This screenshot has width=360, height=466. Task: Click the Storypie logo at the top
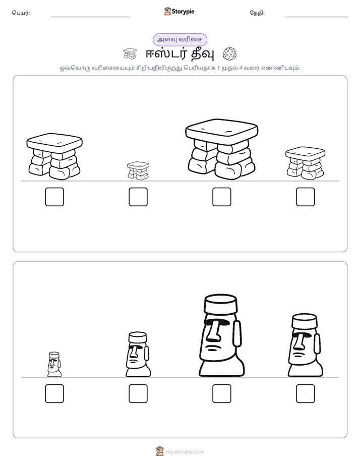pyautogui.click(x=179, y=12)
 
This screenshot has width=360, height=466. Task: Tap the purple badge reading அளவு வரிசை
pyautogui.click(x=180, y=39)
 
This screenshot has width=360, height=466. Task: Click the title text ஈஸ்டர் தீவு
pyautogui.click(x=179, y=54)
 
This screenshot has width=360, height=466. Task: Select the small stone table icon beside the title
pyautogui.click(x=130, y=54)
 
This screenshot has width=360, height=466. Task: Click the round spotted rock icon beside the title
pyautogui.click(x=230, y=54)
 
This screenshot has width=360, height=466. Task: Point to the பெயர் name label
pyautogui.click(x=21, y=13)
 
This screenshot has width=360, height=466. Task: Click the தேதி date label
pyautogui.click(x=257, y=13)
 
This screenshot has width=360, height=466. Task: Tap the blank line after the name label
pyautogui.click(x=90, y=17)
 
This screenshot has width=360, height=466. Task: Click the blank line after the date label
pyautogui.click(x=317, y=17)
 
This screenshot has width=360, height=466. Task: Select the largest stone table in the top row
pyautogui.click(x=221, y=149)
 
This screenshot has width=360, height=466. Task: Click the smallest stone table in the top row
pyautogui.click(x=138, y=170)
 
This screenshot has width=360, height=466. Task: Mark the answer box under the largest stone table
pyautogui.click(x=221, y=197)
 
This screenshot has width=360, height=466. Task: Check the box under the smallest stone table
pyautogui.click(x=138, y=197)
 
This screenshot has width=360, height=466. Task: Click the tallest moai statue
pyautogui.click(x=221, y=335)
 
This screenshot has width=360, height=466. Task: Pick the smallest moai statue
pyautogui.click(x=54, y=364)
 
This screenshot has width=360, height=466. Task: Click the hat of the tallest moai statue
pyautogui.click(x=221, y=304)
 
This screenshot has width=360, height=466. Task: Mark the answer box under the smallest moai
pyautogui.click(x=54, y=394)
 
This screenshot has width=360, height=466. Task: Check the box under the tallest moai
pyautogui.click(x=221, y=394)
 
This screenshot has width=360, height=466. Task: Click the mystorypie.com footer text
pyautogui.click(x=185, y=452)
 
